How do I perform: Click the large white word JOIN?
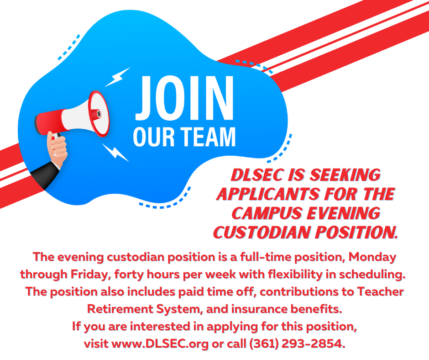coord(184,98)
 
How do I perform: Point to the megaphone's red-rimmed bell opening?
coord(99,113)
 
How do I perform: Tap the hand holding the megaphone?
coord(57,148)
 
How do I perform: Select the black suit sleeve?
coord(45,175)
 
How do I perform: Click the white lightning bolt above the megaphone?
coord(118,77)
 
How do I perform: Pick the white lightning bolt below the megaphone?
coord(115,152)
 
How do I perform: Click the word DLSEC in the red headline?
coord(257,175)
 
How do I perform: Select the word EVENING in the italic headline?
coord(344,213)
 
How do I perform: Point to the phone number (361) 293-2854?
coord(297,344)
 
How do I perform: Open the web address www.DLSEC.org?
coord(160,344)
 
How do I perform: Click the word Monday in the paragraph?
coord(372,257)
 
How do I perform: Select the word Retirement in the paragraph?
coord(120,309)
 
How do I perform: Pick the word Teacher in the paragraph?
coord(381,292)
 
